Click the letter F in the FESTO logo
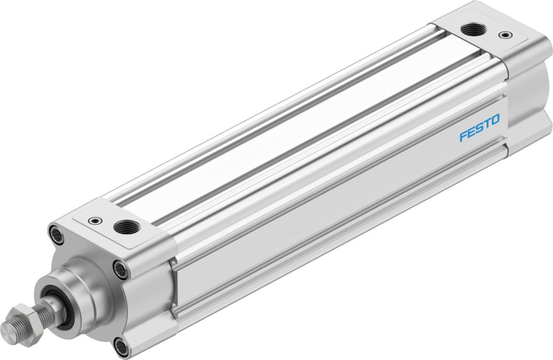463,137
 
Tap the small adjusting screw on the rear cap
504,35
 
